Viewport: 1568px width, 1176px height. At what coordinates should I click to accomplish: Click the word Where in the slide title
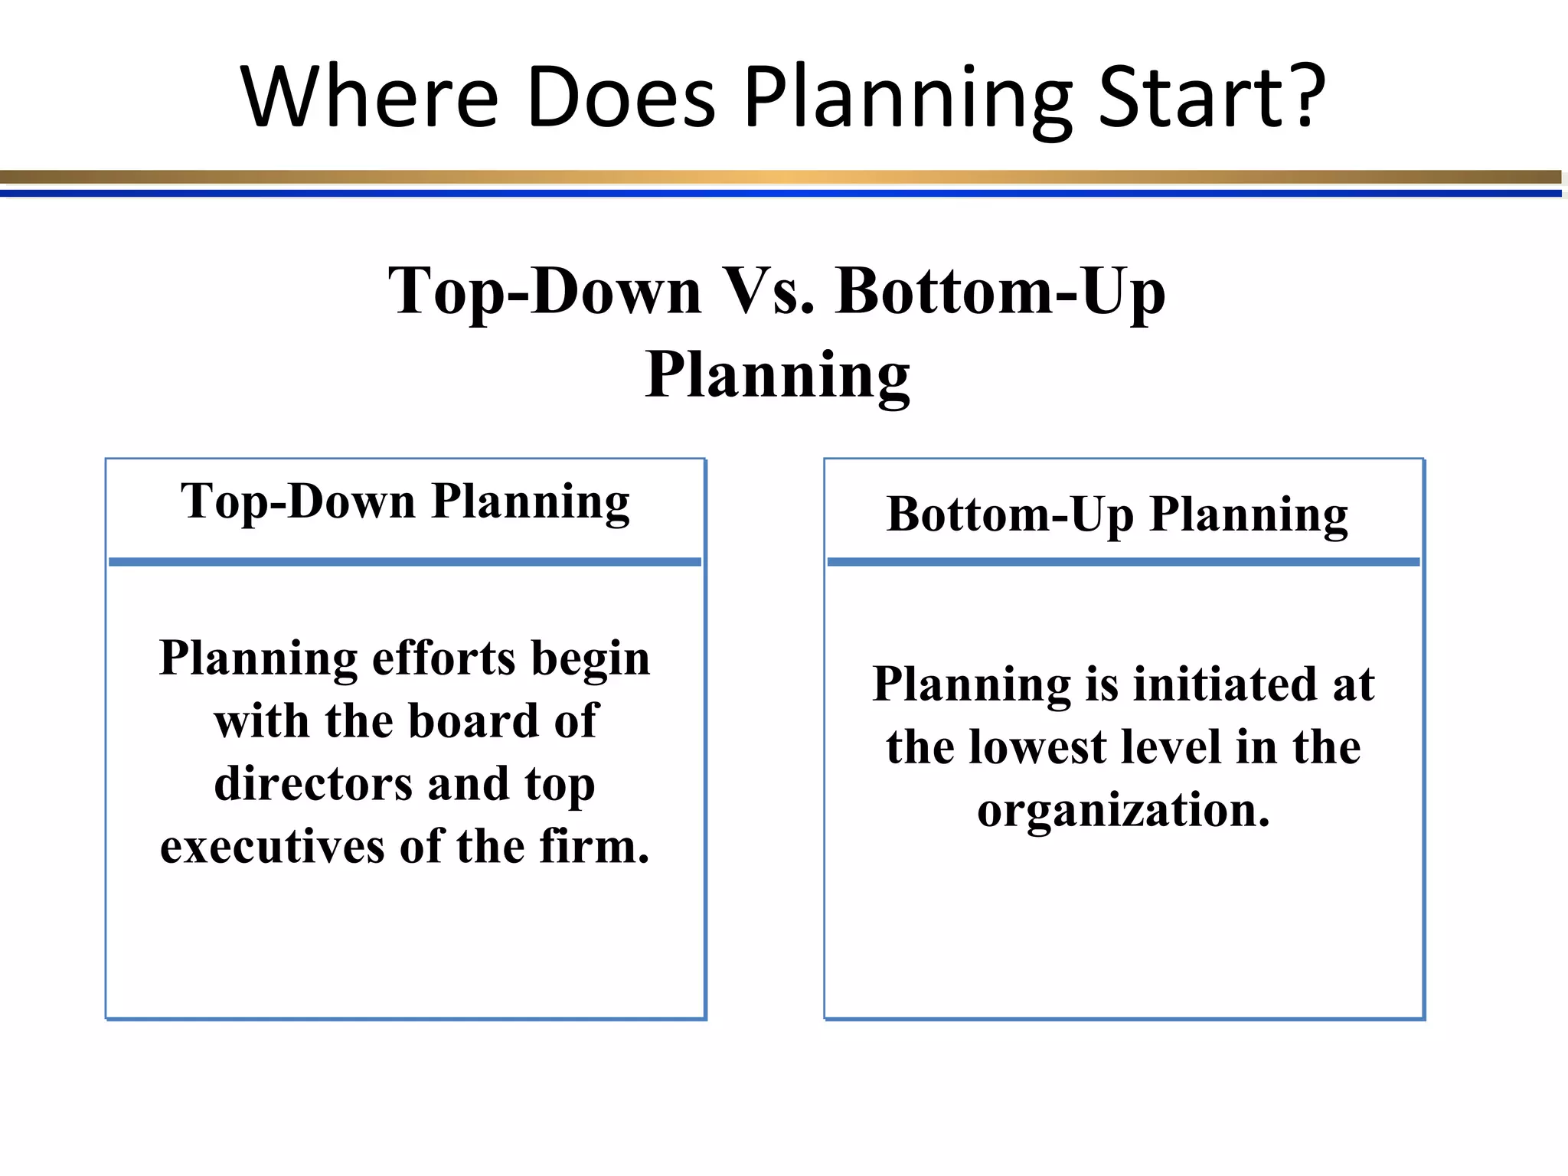click(370, 97)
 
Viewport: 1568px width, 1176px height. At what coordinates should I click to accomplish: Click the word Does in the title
click(621, 97)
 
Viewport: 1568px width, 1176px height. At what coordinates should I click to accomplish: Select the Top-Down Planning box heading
click(405, 503)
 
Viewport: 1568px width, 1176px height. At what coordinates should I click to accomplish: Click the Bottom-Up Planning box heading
click(1117, 515)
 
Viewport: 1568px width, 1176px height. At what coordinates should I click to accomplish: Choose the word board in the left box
click(474, 721)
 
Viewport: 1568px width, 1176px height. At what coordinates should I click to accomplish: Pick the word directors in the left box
click(313, 784)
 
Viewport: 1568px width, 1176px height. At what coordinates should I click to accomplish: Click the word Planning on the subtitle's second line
click(777, 376)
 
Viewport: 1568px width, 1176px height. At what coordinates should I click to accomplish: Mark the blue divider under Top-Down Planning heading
click(405, 562)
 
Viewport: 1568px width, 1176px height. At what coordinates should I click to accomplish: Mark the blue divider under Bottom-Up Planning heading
click(1123, 562)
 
